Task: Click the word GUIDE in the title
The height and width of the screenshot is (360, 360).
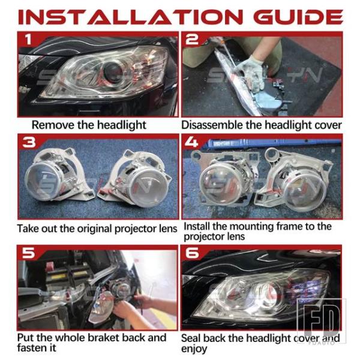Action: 298,17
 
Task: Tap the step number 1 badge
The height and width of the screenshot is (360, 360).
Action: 28,39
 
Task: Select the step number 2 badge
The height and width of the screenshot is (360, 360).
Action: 192,40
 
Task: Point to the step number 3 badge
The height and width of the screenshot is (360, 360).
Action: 29,142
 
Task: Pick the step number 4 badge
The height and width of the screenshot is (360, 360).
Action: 191,142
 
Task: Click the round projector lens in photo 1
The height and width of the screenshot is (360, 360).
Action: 113,72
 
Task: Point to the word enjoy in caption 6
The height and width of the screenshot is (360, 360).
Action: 194,349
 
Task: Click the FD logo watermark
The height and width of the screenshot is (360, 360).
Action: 321,321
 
